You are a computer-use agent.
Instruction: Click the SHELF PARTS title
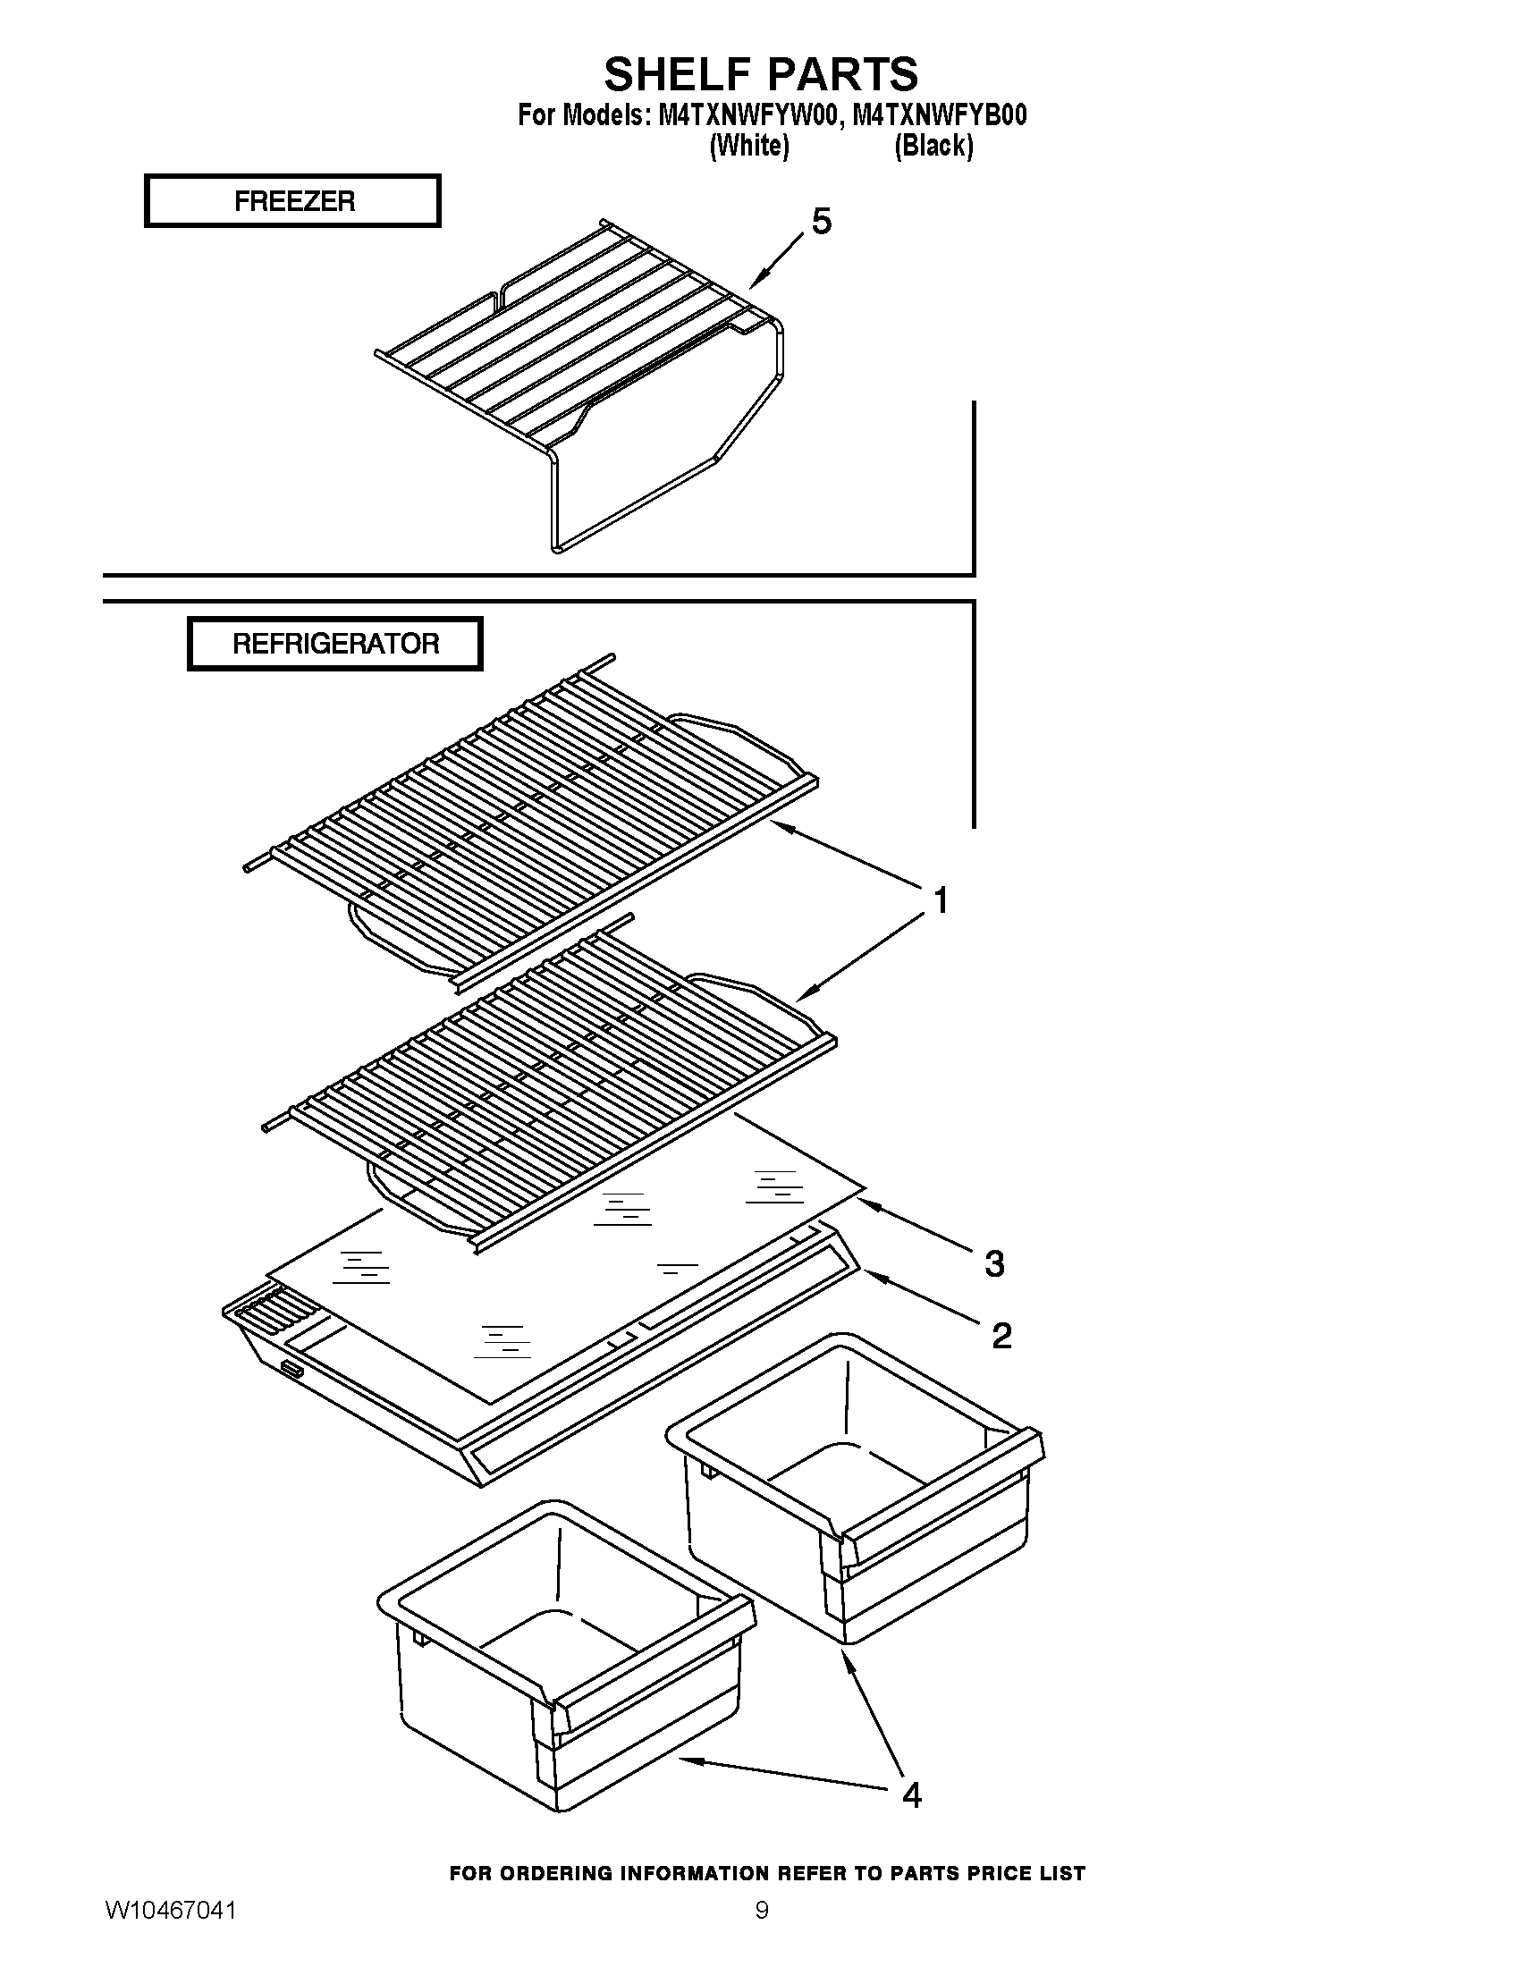click(761, 74)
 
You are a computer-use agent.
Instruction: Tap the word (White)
click(749, 145)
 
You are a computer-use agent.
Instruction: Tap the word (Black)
click(933, 145)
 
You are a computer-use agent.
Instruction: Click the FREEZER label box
click(292, 200)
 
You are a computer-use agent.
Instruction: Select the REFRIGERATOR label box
click(335, 643)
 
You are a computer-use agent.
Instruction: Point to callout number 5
click(820, 221)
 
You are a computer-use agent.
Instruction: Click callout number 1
click(939, 899)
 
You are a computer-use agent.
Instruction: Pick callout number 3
click(994, 1263)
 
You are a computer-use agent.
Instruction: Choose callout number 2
click(1001, 1335)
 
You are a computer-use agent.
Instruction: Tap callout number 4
click(911, 1795)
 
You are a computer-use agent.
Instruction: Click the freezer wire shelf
click(577, 360)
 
